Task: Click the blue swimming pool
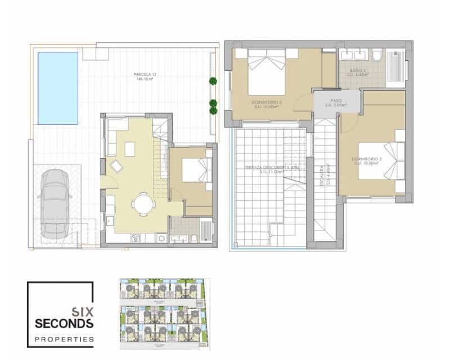click(x=57, y=88)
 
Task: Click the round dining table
click(x=144, y=203)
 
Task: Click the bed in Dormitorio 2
click(x=267, y=71)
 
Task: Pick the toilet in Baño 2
click(x=377, y=56)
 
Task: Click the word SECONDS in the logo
click(x=64, y=323)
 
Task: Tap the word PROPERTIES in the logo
click(x=64, y=339)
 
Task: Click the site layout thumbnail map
click(x=165, y=314)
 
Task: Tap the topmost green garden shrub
click(x=213, y=81)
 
